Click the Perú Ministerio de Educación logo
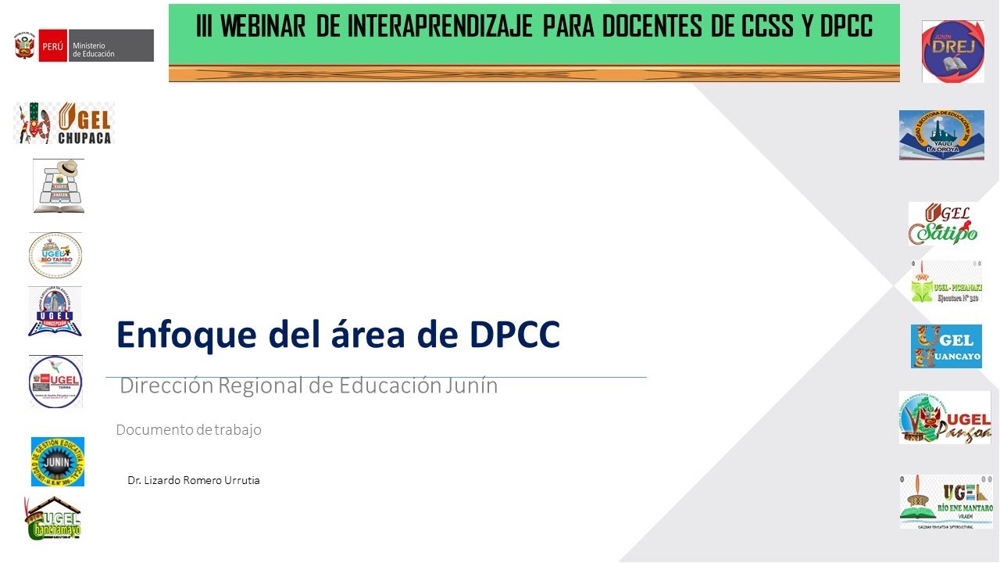[x=83, y=46]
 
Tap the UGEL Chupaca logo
[x=64, y=124]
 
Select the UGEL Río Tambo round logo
[x=55, y=256]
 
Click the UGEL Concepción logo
[x=55, y=312]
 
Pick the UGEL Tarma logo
[x=55, y=381]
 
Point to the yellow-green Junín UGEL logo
[x=57, y=461]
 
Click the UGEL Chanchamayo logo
[x=54, y=518]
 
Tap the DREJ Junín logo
[x=952, y=52]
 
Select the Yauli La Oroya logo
[x=941, y=135]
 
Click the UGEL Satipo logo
[x=943, y=224]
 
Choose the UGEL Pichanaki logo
[x=946, y=283]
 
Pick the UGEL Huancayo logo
[x=946, y=346]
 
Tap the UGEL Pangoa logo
[x=945, y=418]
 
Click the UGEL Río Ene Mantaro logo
[x=946, y=501]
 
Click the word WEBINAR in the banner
[x=264, y=27]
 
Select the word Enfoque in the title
[x=187, y=334]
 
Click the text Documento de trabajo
[x=188, y=430]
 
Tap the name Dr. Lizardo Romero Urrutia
[x=194, y=480]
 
